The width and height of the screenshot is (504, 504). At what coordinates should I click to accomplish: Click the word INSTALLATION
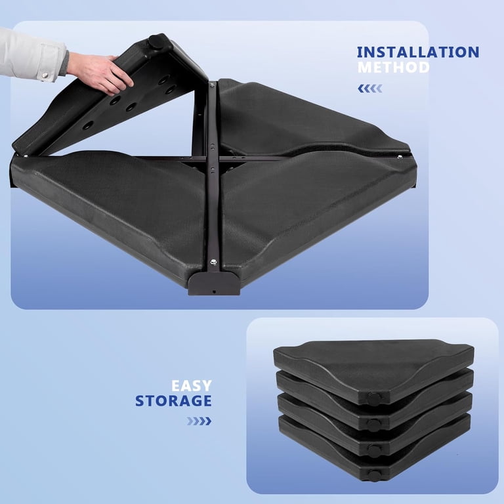418,52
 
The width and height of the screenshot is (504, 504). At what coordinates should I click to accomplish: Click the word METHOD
394,67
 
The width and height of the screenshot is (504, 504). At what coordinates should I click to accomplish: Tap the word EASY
192,386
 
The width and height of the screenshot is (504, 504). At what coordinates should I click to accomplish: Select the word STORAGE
173,401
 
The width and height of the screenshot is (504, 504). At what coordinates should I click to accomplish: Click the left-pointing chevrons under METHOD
370,89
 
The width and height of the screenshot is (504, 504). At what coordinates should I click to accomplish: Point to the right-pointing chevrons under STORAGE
199,421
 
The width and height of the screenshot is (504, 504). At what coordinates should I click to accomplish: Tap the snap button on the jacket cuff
45,75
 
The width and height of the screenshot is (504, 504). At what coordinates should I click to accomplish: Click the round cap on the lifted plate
156,42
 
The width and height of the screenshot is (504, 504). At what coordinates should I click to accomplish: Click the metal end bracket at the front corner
214,283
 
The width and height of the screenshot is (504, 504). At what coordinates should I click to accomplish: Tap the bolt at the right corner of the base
400,157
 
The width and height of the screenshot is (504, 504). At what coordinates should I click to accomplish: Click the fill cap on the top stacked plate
374,399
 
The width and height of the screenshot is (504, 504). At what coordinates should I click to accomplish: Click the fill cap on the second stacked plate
373,425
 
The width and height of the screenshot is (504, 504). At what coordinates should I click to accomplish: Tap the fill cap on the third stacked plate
374,450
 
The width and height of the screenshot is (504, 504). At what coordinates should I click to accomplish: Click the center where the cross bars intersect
211,158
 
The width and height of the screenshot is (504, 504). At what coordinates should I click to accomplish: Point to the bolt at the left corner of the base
26,156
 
